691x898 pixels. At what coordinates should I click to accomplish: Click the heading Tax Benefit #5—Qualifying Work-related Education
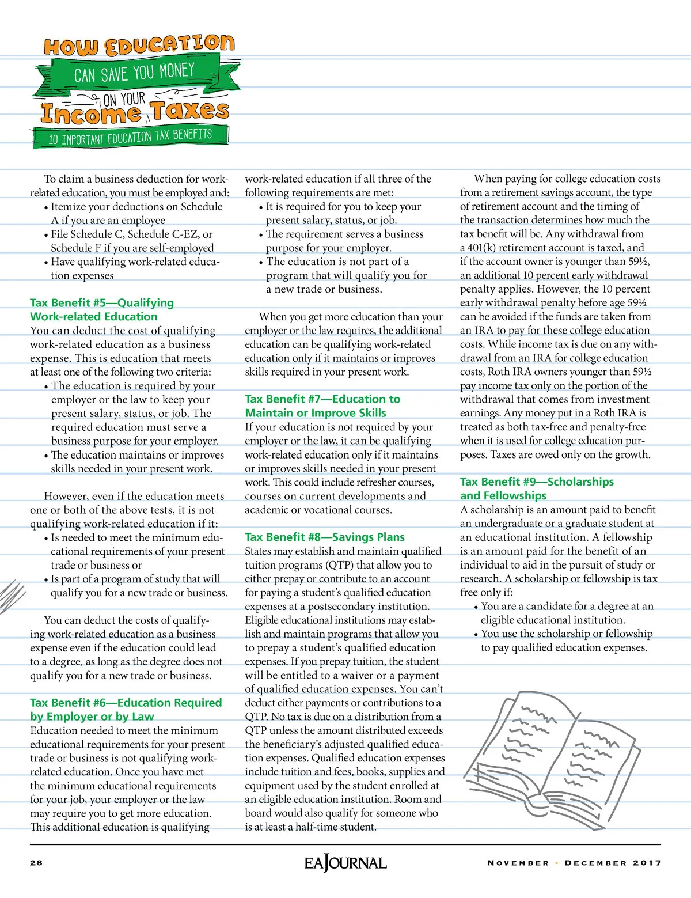click(102, 310)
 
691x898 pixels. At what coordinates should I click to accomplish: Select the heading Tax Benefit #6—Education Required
click(126, 710)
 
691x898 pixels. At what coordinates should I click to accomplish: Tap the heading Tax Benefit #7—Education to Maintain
click(322, 406)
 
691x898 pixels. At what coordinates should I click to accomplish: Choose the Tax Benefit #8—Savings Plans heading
click(325, 537)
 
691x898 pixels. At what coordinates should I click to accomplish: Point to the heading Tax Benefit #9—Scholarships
click(537, 488)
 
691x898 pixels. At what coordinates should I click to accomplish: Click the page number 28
click(36, 863)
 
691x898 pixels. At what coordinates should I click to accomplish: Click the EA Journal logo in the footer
click(345, 863)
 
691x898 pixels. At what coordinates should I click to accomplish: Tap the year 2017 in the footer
click(647, 863)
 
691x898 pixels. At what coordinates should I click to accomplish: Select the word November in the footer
click(518, 863)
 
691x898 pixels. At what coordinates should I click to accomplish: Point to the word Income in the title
click(91, 113)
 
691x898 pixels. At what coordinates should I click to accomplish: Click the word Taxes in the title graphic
click(190, 109)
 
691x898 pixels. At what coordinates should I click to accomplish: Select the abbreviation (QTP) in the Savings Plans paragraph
click(340, 565)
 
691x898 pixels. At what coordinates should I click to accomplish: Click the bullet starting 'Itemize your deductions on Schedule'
click(136, 213)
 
